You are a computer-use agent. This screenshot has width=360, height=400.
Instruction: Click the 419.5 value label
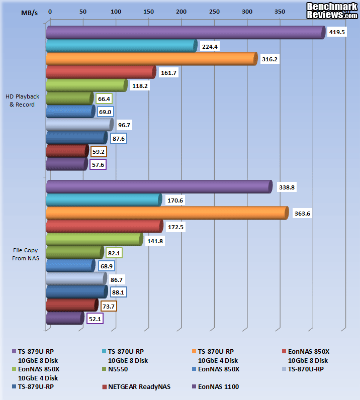(336, 32)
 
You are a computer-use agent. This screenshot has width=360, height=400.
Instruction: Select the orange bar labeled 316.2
(151, 59)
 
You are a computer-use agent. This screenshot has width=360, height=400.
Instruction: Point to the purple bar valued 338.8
(158, 187)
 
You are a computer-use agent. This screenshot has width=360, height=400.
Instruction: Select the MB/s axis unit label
(29, 12)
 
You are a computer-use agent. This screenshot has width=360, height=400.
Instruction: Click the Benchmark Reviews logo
(332, 10)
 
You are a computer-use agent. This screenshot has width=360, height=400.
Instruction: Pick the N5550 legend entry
(118, 369)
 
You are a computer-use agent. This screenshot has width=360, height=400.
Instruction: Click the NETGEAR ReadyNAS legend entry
(136, 387)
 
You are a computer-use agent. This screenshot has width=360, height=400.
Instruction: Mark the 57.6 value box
(97, 164)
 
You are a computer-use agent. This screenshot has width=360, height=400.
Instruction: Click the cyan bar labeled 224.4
(121, 46)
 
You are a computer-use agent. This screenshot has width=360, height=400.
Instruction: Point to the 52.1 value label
(95, 319)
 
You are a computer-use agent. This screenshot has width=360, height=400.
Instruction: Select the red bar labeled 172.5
(104, 227)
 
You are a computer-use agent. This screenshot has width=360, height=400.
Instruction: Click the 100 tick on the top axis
(116, 11)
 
